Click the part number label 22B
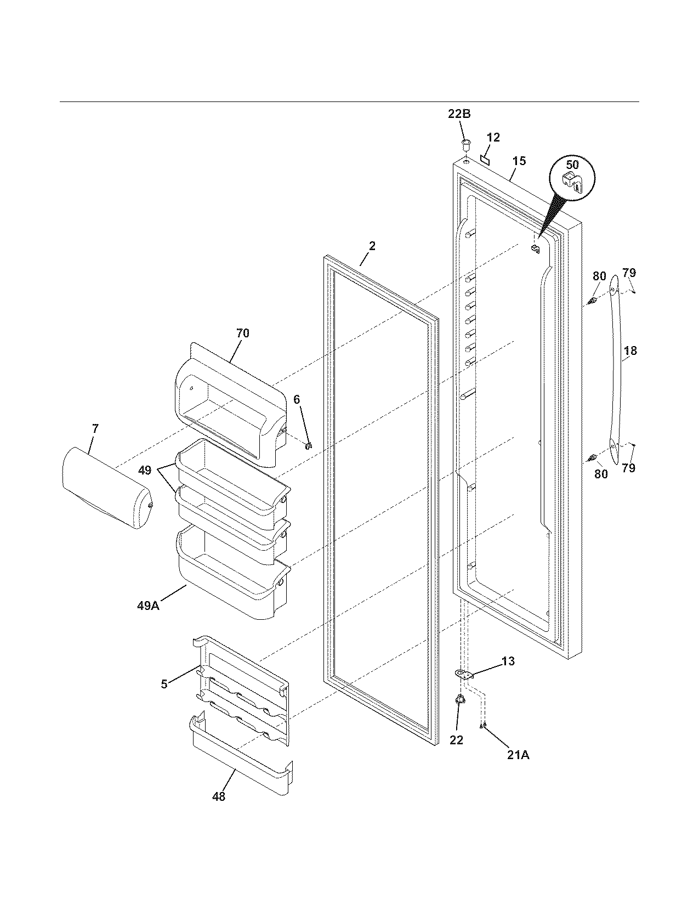click(459, 114)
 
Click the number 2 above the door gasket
click(372, 246)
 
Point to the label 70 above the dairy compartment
click(242, 333)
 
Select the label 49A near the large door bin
click(148, 606)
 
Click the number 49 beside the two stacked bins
click(144, 470)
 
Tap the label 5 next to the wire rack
click(164, 684)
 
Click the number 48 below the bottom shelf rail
click(218, 796)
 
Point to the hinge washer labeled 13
click(463, 674)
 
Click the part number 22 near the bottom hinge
click(456, 740)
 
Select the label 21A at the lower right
click(518, 755)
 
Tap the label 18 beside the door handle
click(630, 350)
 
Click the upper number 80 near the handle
click(599, 277)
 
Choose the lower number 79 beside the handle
click(628, 468)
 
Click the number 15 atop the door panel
click(519, 161)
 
